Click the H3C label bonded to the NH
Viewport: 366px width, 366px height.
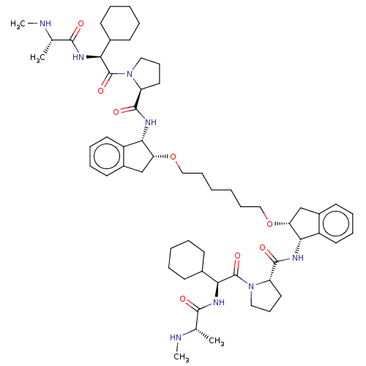pyautogui.click(x=18, y=24)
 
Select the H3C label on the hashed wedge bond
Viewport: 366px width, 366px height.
pyautogui.click(x=37, y=58)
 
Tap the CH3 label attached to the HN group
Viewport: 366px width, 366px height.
pyautogui.click(x=182, y=357)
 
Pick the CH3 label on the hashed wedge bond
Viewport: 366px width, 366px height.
pyautogui.click(x=217, y=341)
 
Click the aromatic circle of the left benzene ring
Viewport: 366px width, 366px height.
pyautogui.click(x=107, y=156)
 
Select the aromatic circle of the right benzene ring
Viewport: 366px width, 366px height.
pyautogui.click(x=336, y=223)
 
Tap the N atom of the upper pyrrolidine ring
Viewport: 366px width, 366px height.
pyautogui.click(x=130, y=74)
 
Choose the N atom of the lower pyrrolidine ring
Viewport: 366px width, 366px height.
pyautogui.click(x=251, y=286)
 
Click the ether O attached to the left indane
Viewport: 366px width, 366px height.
pyautogui.click(x=173, y=157)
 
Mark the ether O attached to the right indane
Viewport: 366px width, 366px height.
pyautogui.click(x=269, y=223)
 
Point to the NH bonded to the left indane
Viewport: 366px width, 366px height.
pyautogui.click(x=151, y=122)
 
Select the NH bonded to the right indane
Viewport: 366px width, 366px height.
pyautogui.click(x=298, y=258)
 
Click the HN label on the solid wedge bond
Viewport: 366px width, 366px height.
pyautogui.click(x=78, y=57)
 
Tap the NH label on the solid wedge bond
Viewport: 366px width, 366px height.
pyautogui.click(x=219, y=302)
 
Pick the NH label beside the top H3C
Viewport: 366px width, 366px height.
pyautogui.click(x=45, y=23)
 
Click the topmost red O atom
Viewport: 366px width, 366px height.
pyautogui.click(x=81, y=23)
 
